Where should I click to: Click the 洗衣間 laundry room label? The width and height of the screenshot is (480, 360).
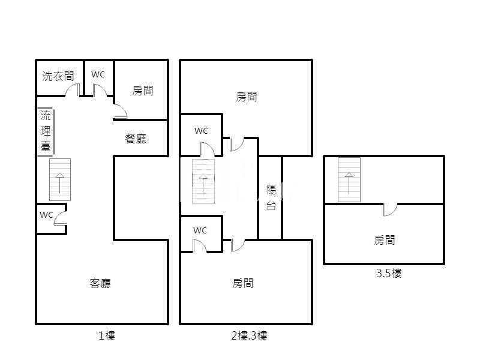[58, 76]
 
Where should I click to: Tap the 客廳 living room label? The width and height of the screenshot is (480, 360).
[100, 283]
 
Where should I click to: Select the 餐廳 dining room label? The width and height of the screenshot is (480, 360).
[136, 139]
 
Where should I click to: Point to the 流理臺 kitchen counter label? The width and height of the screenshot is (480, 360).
[46, 131]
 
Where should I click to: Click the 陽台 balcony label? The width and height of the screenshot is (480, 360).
[271, 197]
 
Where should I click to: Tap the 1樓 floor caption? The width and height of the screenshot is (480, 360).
[107, 336]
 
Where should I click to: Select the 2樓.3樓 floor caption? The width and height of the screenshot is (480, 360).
[249, 336]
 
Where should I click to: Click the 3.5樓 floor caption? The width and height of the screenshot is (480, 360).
[389, 273]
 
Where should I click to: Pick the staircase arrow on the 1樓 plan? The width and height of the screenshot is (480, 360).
[59, 183]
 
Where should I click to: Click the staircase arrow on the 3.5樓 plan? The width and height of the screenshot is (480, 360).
[349, 184]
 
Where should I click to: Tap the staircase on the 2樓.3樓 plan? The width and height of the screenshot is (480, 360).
[203, 181]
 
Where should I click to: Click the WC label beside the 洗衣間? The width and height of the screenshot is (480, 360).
[98, 74]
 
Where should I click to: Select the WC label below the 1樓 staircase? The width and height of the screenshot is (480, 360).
[46, 215]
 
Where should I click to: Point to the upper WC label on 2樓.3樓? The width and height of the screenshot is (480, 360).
[201, 131]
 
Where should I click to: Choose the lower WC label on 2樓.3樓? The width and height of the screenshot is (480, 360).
[200, 230]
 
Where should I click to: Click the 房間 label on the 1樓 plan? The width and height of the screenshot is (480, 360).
[143, 91]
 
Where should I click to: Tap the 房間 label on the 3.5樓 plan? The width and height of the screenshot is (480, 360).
[384, 240]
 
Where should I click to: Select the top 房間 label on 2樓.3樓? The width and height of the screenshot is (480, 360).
[247, 97]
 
